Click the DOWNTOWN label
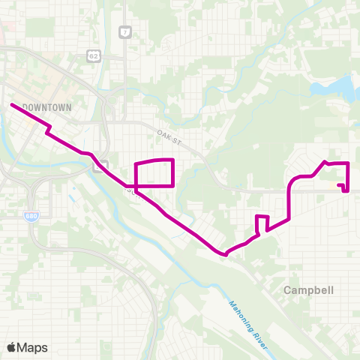pyautogui.click(x=46, y=108)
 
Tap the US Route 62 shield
pyautogui.click(x=93, y=56)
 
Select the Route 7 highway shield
pyautogui.click(x=124, y=32)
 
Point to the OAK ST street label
pyautogui.click(x=170, y=136)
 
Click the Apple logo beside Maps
pyautogui.click(x=13, y=347)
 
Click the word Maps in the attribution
pyautogui.click(x=33, y=347)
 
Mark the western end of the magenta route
pyautogui.click(x=12, y=104)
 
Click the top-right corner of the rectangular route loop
pyautogui.click(x=174, y=160)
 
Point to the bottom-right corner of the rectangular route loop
pyautogui.click(x=174, y=185)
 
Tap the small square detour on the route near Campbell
pyautogui.click(x=262, y=223)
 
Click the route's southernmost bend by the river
pyautogui.click(x=225, y=254)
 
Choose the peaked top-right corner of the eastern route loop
pyautogui.click(x=325, y=161)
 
